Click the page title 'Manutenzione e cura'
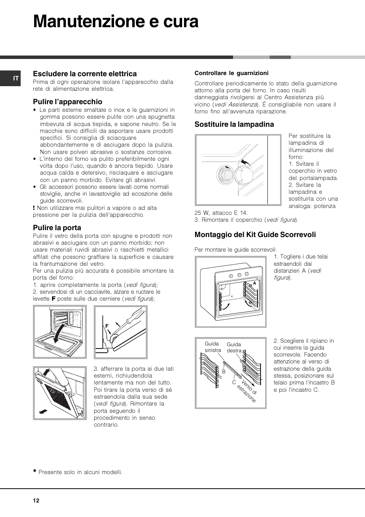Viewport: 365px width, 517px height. click(116, 22)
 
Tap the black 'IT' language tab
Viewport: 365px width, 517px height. click(16, 78)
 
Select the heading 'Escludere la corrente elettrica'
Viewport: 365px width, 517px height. click(85, 74)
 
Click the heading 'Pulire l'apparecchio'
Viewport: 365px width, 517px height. click(67, 102)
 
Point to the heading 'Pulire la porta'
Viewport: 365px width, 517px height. click(57, 228)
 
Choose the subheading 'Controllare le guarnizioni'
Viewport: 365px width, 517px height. click(231, 73)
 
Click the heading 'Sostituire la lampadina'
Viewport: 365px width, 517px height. click(234, 124)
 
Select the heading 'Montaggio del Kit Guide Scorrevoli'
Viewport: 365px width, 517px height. click(255, 235)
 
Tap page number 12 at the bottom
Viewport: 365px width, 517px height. click(36, 501)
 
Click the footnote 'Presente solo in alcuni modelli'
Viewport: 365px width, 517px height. click(80, 472)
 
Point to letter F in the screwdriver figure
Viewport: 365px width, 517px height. click(107, 326)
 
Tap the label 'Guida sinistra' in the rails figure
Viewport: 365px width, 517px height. click(212, 347)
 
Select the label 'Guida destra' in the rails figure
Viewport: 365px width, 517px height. click(234, 347)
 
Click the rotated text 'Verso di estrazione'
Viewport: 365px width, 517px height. click(247, 391)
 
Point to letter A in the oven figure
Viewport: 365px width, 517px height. click(254, 284)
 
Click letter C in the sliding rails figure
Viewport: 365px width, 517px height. click(234, 382)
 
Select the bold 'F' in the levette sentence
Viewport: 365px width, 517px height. click(54, 299)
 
